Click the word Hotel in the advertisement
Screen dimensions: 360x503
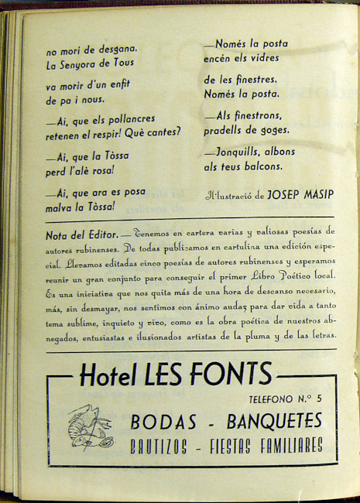click(110, 377)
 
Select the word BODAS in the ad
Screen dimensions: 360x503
click(162, 421)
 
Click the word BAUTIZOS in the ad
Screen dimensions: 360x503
click(164, 447)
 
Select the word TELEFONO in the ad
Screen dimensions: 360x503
click(271, 399)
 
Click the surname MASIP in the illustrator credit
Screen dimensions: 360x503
click(305, 197)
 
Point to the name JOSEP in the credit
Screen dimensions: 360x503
click(268, 197)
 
